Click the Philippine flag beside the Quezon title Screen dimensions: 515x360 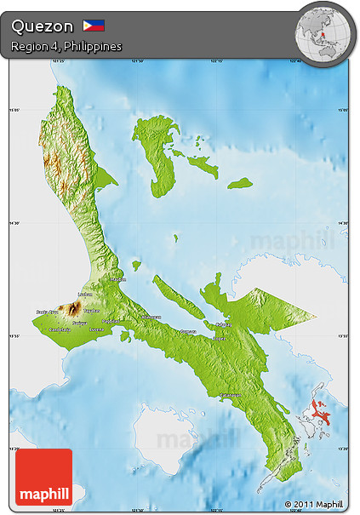pos(94,26)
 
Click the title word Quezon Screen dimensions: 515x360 pos(43,26)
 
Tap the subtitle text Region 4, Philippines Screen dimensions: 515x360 pos(66,46)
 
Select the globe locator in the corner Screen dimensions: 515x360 pos(323,31)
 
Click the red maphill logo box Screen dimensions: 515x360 pos(44,477)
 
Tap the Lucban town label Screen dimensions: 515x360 pos(84,295)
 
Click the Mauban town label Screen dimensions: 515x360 pos(118,278)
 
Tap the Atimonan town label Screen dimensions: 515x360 pos(151,317)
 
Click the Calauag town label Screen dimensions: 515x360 pos(223,324)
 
